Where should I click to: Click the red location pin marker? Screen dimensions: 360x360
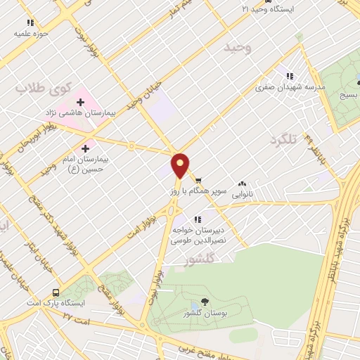click(181, 165)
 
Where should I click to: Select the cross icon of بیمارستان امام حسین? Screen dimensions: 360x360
click(86, 148)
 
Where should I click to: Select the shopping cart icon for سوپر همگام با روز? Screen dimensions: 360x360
click(198, 180)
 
